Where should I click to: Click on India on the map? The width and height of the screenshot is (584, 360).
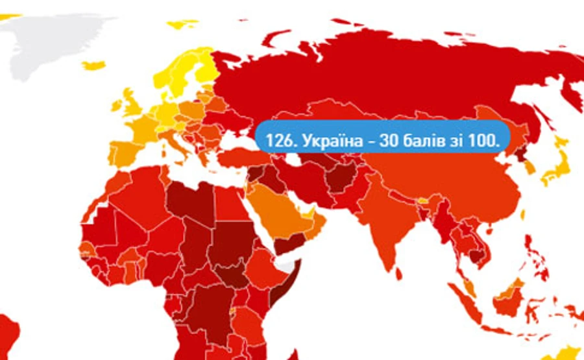389,227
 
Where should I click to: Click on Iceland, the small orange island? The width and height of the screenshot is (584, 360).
93,66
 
